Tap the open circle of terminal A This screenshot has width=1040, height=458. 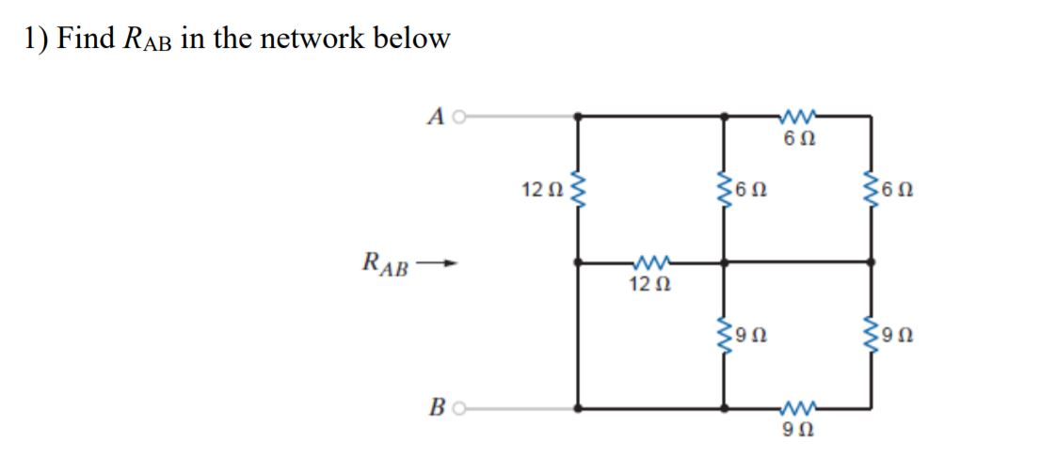458,116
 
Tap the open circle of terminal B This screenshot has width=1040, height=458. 458,408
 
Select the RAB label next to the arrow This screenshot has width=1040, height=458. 387,264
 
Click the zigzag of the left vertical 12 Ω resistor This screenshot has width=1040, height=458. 577,191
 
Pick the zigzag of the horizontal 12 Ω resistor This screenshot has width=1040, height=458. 649,262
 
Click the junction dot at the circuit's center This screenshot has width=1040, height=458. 724,262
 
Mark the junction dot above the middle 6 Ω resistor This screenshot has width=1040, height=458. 724,116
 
